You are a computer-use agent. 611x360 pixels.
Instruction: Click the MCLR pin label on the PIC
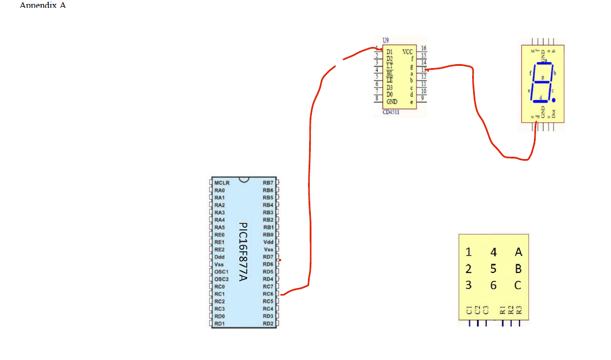pos(221,183)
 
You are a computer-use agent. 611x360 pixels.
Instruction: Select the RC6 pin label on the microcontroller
pos(268,294)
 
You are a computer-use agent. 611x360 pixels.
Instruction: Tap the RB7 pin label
pos(268,183)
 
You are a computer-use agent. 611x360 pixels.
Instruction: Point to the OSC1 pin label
pos(222,271)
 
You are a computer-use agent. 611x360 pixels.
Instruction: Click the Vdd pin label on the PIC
pos(268,242)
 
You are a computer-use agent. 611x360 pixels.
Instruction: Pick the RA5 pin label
pos(219,227)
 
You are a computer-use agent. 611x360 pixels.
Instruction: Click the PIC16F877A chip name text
pos(243,252)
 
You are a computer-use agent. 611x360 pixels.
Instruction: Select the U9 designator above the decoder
pos(386,41)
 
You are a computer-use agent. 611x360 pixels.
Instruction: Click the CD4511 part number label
pos(391,112)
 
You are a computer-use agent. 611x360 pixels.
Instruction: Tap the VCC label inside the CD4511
pos(407,51)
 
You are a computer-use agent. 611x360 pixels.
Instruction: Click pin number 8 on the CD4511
pos(377,98)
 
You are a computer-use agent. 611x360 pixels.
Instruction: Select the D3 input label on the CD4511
pos(390,88)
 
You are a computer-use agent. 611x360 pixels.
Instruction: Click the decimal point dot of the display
pos(554,100)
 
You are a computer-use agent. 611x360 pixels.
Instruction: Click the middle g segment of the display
pos(541,82)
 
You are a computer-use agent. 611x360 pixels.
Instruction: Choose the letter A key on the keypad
pos(518,252)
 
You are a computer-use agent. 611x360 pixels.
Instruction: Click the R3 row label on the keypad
pos(519,310)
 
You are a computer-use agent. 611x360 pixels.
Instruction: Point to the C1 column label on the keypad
pos(469,310)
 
